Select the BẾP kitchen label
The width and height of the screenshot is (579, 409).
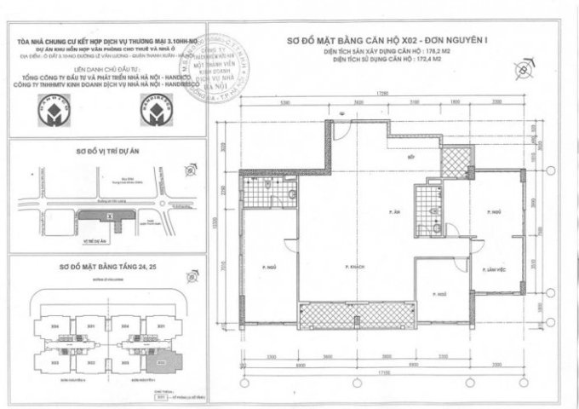coord(410,158)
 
